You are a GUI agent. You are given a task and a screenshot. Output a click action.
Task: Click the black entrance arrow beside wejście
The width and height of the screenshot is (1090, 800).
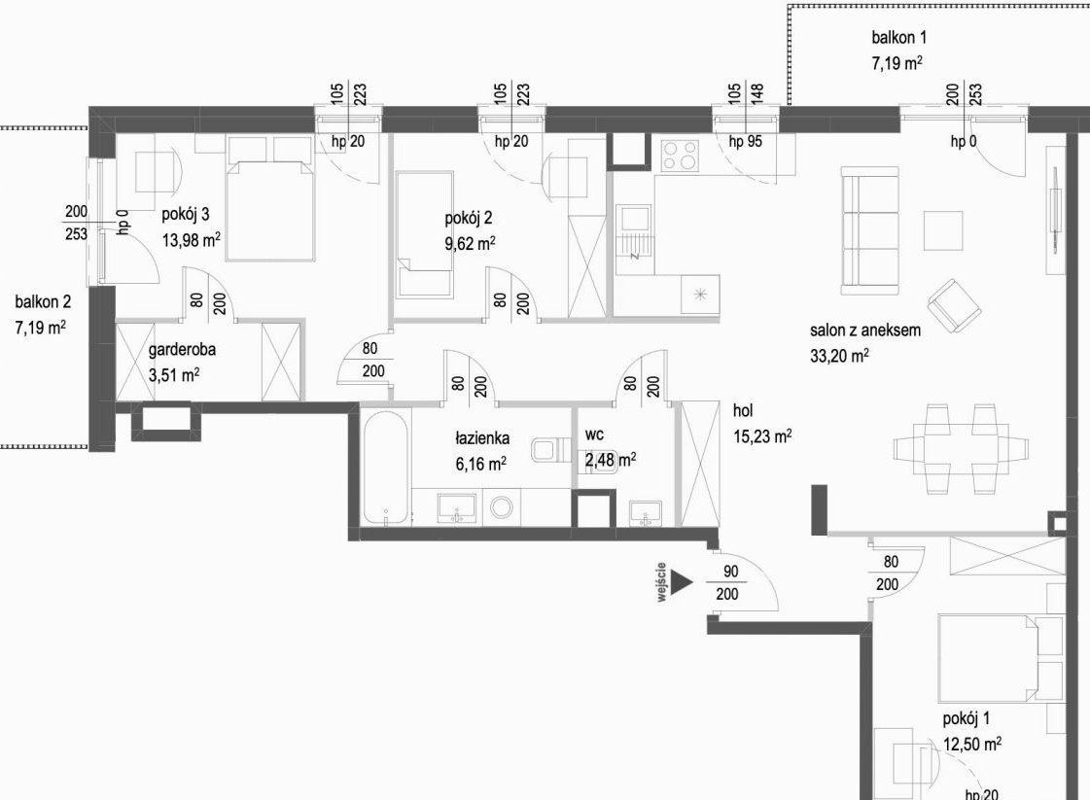(x=682, y=582)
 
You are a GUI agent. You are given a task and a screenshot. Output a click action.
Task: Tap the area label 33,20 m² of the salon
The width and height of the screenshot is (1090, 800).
(x=839, y=356)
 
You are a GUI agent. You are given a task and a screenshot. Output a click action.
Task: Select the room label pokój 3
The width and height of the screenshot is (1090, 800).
(x=186, y=214)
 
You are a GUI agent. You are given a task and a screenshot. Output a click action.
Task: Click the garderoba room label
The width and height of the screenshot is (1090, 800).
(x=182, y=349)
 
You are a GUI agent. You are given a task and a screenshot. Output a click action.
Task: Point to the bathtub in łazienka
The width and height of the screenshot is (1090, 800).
(x=386, y=470)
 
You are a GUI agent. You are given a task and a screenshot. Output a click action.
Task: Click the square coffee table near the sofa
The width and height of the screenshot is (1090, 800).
(x=943, y=230)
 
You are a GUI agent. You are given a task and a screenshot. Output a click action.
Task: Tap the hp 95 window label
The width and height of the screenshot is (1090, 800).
(x=745, y=141)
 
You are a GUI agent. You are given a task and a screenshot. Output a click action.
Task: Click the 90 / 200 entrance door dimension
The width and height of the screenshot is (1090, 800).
(x=728, y=582)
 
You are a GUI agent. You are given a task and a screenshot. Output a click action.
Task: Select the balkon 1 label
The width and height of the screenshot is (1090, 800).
(x=898, y=37)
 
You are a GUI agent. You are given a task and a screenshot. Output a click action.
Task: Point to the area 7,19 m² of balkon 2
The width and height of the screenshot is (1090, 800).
(x=40, y=327)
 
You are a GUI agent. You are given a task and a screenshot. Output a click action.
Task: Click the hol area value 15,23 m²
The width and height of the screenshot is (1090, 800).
(x=762, y=435)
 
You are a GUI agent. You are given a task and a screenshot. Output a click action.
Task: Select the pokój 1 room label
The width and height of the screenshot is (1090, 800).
(x=967, y=718)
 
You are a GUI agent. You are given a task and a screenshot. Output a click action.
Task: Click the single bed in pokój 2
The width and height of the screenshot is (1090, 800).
(x=424, y=235)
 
